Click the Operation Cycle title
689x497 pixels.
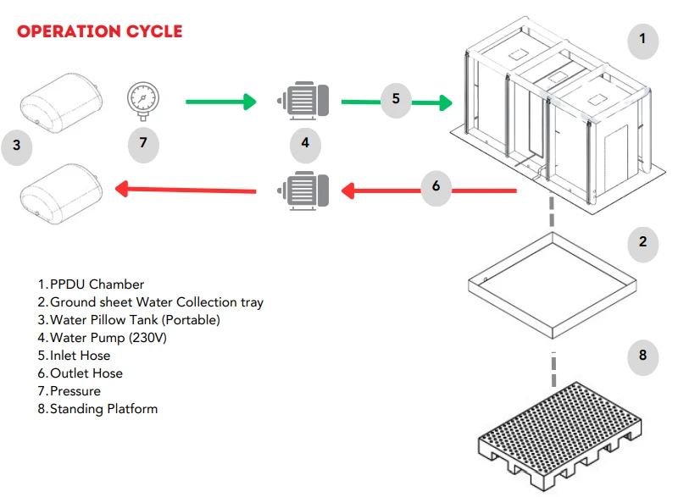click(x=100, y=31)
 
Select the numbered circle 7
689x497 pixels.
click(x=143, y=143)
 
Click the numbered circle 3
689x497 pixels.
click(x=16, y=146)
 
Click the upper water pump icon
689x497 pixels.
click(x=304, y=103)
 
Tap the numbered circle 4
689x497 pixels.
click(x=305, y=143)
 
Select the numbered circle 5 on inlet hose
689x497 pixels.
click(x=396, y=99)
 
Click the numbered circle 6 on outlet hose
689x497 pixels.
click(x=436, y=185)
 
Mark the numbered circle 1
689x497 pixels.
click(x=642, y=39)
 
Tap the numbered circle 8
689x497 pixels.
click(x=642, y=355)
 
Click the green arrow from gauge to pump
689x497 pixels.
click(x=219, y=102)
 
